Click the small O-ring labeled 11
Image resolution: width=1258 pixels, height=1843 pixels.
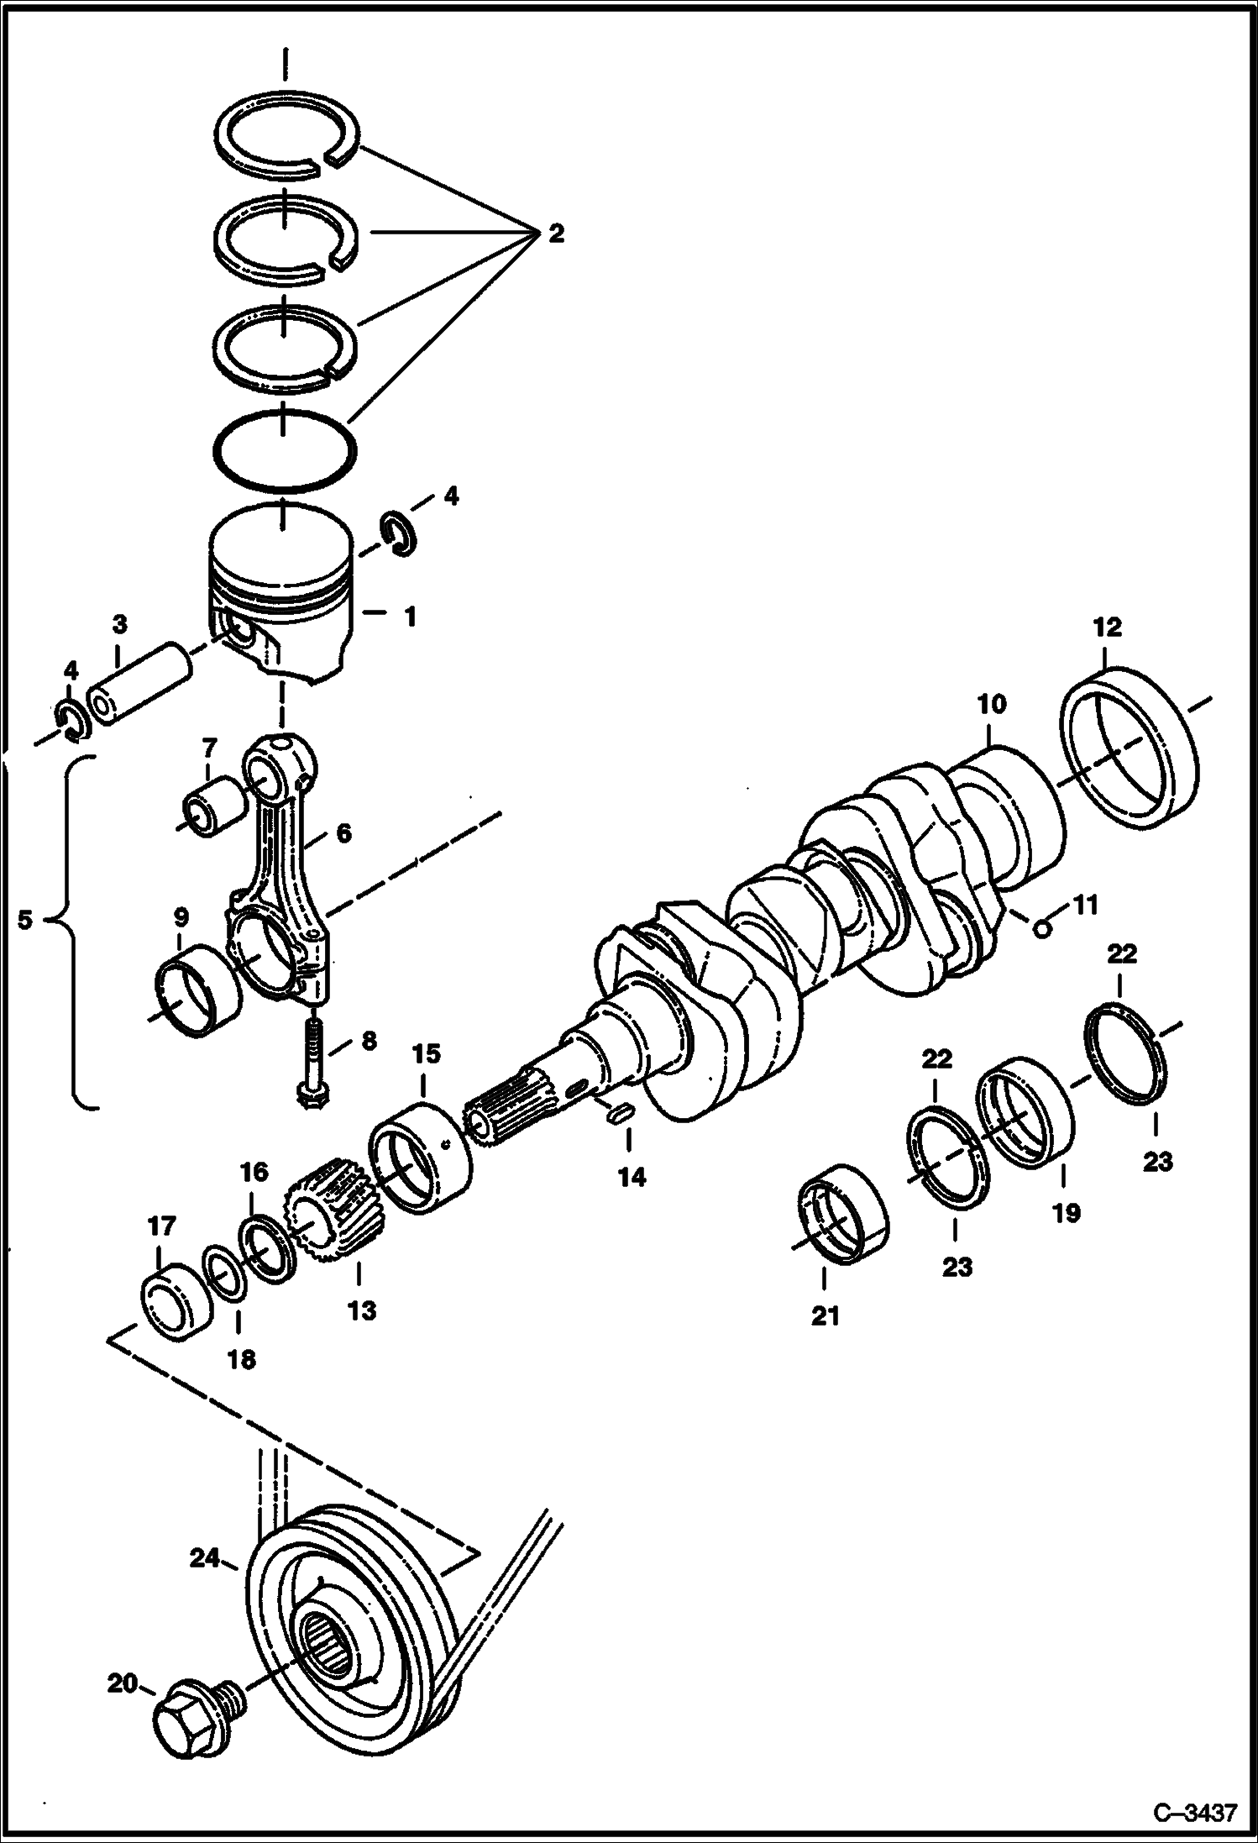(1041, 927)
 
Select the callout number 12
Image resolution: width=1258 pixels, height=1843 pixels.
(1107, 627)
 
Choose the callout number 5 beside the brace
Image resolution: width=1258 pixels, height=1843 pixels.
(25, 920)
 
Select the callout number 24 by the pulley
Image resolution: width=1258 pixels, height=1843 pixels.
(204, 1559)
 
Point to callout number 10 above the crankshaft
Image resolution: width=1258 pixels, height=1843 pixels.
(991, 703)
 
